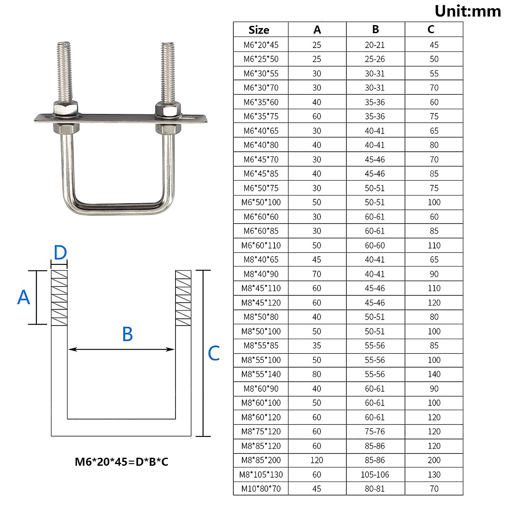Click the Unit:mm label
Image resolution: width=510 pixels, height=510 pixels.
[x=468, y=11]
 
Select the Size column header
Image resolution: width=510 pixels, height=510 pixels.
[x=259, y=30]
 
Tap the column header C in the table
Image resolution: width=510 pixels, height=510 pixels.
[x=431, y=29]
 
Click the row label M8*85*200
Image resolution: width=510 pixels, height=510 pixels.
[x=261, y=460]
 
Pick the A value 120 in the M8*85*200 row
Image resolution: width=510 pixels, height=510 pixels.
[x=317, y=460]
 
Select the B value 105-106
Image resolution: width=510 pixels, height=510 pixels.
[x=375, y=474]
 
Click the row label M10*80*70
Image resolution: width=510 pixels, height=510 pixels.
[x=261, y=489]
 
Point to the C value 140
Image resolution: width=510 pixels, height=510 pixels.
[x=434, y=374]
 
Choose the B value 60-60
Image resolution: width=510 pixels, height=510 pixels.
[x=375, y=245]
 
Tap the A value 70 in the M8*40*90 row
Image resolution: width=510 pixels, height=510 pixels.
[x=317, y=274]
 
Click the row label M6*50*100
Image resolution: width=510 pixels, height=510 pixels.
[x=261, y=202]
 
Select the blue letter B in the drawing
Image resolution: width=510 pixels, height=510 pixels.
[x=127, y=334]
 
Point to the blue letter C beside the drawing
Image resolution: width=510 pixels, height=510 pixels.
[x=214, y=353]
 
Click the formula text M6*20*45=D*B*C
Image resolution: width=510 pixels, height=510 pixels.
[x=122, y=462]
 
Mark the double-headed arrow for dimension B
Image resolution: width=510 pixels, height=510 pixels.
[x=122, y=349]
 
